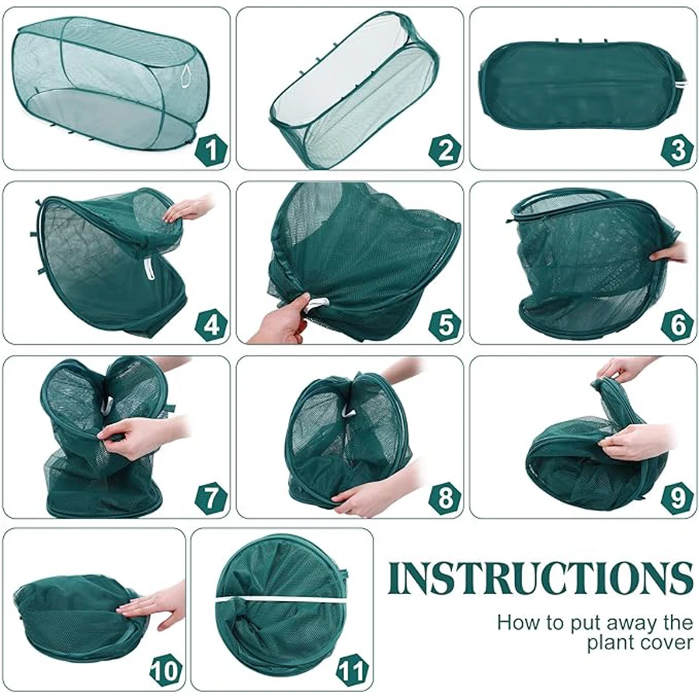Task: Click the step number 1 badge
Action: click(x=211, y=149)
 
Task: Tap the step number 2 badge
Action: click(x=445, y=149)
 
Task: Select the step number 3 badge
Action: click(x=678, y=149)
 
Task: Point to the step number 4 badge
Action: click(x=211, y=324)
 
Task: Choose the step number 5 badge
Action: click(x=445, y=324)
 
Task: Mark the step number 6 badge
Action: click(x=678, y=324)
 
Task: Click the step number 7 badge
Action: click(x=211, y=498)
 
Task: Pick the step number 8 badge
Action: click(x=445, y=498)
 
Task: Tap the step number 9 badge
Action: click(x=678, y=498)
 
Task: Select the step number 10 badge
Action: click(x=166, y=670)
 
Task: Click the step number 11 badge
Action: click(x=354, y=670)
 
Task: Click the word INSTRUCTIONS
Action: click(x=541, y=578)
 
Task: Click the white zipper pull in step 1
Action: click(x=186, y=74)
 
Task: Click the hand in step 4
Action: click(x=187, y=208)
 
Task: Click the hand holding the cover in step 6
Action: click(x=669, y=254)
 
